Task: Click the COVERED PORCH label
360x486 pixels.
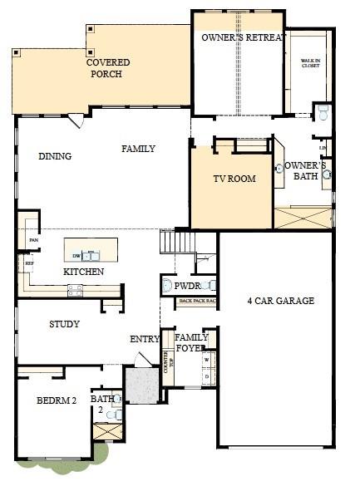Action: click(x=105, y=68)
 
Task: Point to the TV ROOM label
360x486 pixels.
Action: click(x=234, y=179)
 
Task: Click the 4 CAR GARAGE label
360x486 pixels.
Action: click(x=279, y=301)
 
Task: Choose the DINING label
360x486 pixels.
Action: click(x=55, y=156)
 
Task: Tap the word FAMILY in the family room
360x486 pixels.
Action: click(x=139, y=149)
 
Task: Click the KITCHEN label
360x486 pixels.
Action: click(x=84, y=272)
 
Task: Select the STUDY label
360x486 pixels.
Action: click(x=64, y=324)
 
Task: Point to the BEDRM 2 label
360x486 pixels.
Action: click(x=57, y=400)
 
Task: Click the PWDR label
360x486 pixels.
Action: click(x=186, y=286)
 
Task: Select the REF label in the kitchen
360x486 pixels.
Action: click(x=29, y=263)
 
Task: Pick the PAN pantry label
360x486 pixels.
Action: click(x=33, y=240)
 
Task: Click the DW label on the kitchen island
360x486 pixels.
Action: click(x=76, y=255)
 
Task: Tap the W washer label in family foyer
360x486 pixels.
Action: click(x=206, y=360)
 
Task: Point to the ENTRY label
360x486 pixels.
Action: click(x=145, y=339)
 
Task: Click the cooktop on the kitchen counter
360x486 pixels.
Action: click(x=75, y=289)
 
